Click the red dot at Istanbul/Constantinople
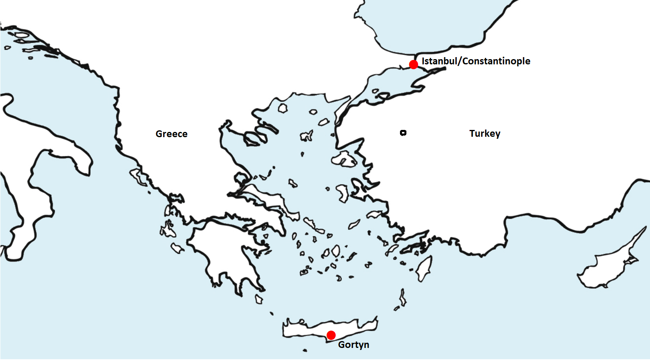coord(413,64)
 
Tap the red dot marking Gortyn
coord(331,335)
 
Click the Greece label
coord(171,134)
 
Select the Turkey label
coord(484,134)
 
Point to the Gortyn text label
coord(353,345)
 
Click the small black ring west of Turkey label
coord(403,133)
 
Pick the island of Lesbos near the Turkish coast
coord(344,159)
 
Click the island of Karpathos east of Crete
coord(402,298)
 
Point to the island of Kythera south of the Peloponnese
coord(258,299)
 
